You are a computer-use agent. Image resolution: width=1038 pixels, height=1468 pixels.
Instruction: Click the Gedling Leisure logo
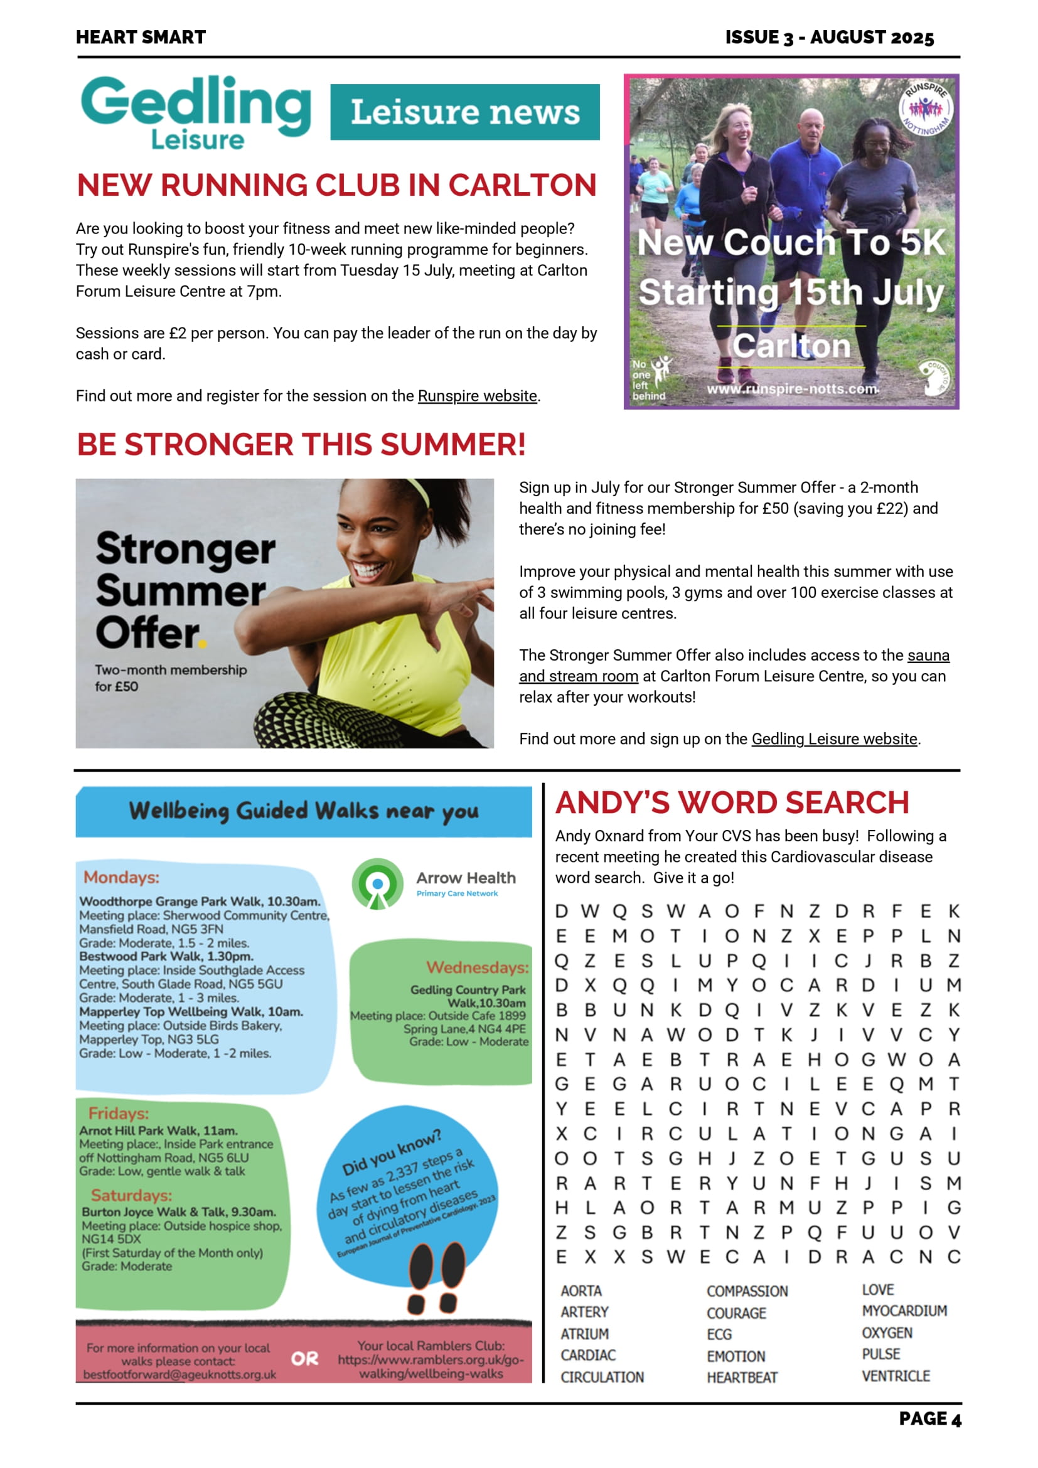pyautogui.click(x=195, y=112)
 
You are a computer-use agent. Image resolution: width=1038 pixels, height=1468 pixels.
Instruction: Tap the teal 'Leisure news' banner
pyautogui.click(x=465, y=112)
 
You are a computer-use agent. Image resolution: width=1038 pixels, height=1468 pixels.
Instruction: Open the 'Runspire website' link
pyautogui.click(x=477, y=396)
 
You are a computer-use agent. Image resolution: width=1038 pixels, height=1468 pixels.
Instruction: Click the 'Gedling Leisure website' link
pyautogui.click(x=834, y=738)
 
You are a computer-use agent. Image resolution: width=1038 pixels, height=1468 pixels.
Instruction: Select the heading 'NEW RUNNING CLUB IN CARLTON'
pyautogui.click(x=336, y=186)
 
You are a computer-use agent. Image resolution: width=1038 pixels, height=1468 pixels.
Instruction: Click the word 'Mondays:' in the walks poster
pyautogui.click(x=122, y=877)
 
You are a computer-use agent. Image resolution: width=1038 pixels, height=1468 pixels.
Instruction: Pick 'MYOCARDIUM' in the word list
pyautogui.click(x=904, y=1311)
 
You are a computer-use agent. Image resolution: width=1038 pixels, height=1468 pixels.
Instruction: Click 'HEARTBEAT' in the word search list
pyautogui.click(x=742, y=1378)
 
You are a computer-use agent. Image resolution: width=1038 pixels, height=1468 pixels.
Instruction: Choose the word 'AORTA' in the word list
pyautogui.click(x=581, y=1291)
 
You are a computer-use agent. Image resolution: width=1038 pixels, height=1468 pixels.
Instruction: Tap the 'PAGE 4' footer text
pyautogui.click(x=929, y=1420)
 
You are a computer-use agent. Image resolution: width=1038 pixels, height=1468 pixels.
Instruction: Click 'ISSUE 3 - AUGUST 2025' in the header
pyautogui.click(x=829, y=37)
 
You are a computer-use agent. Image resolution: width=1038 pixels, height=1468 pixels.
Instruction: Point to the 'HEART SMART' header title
pyautogui.click(x=141, y=37)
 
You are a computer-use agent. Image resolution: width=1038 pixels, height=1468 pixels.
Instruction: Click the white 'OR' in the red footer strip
pyautogui.click(x=304, y=1359)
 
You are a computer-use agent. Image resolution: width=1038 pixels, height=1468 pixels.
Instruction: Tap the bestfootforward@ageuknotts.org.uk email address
pyautogui.click(x=179, y=1374)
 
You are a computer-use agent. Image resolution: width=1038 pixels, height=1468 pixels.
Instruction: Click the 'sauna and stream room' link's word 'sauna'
pyautogui.click(x=928, y=656)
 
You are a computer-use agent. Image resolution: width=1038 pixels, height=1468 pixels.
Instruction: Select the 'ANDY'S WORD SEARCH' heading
pyautogui.click(x=732, y=802)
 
